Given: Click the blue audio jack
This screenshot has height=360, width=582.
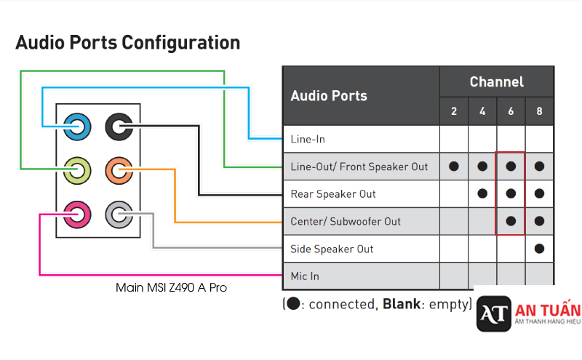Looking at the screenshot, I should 77,127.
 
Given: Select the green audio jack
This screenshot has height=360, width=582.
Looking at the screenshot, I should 77,171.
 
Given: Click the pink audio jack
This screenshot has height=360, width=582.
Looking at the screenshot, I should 77,214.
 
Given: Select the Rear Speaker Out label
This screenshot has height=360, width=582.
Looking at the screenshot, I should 333,194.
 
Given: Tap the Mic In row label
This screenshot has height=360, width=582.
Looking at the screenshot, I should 305,276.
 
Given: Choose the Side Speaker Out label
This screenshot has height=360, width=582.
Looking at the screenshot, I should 332,249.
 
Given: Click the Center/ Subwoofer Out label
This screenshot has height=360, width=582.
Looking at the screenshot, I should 346,221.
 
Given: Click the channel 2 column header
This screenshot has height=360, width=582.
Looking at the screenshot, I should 454,111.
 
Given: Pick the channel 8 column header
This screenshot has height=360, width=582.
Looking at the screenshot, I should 539,111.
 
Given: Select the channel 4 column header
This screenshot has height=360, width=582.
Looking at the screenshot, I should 482,111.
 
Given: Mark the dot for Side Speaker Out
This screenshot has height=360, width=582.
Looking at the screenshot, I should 539,249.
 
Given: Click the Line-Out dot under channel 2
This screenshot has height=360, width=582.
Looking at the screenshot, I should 454,167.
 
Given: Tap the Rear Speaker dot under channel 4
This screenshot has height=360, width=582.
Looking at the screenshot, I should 482,194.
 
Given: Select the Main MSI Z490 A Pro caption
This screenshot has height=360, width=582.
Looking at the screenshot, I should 172,288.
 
